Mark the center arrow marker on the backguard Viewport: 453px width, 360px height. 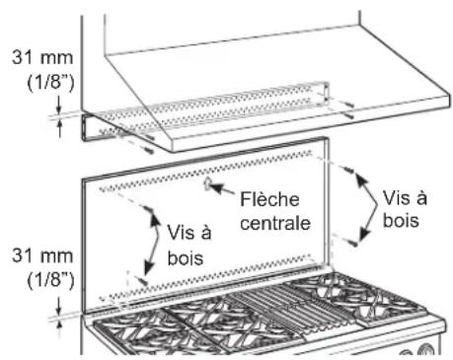pos(205,183)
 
